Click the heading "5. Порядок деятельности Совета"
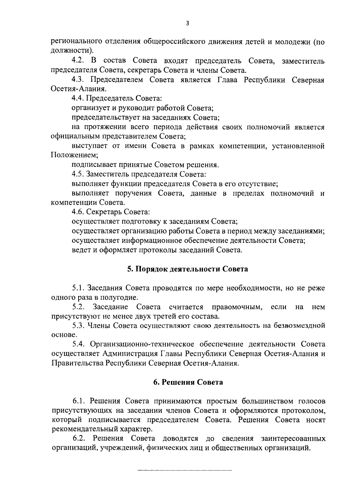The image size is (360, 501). (187, 269)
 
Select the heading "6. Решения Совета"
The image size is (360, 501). (188, 382)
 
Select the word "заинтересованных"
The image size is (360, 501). (293, 438)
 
